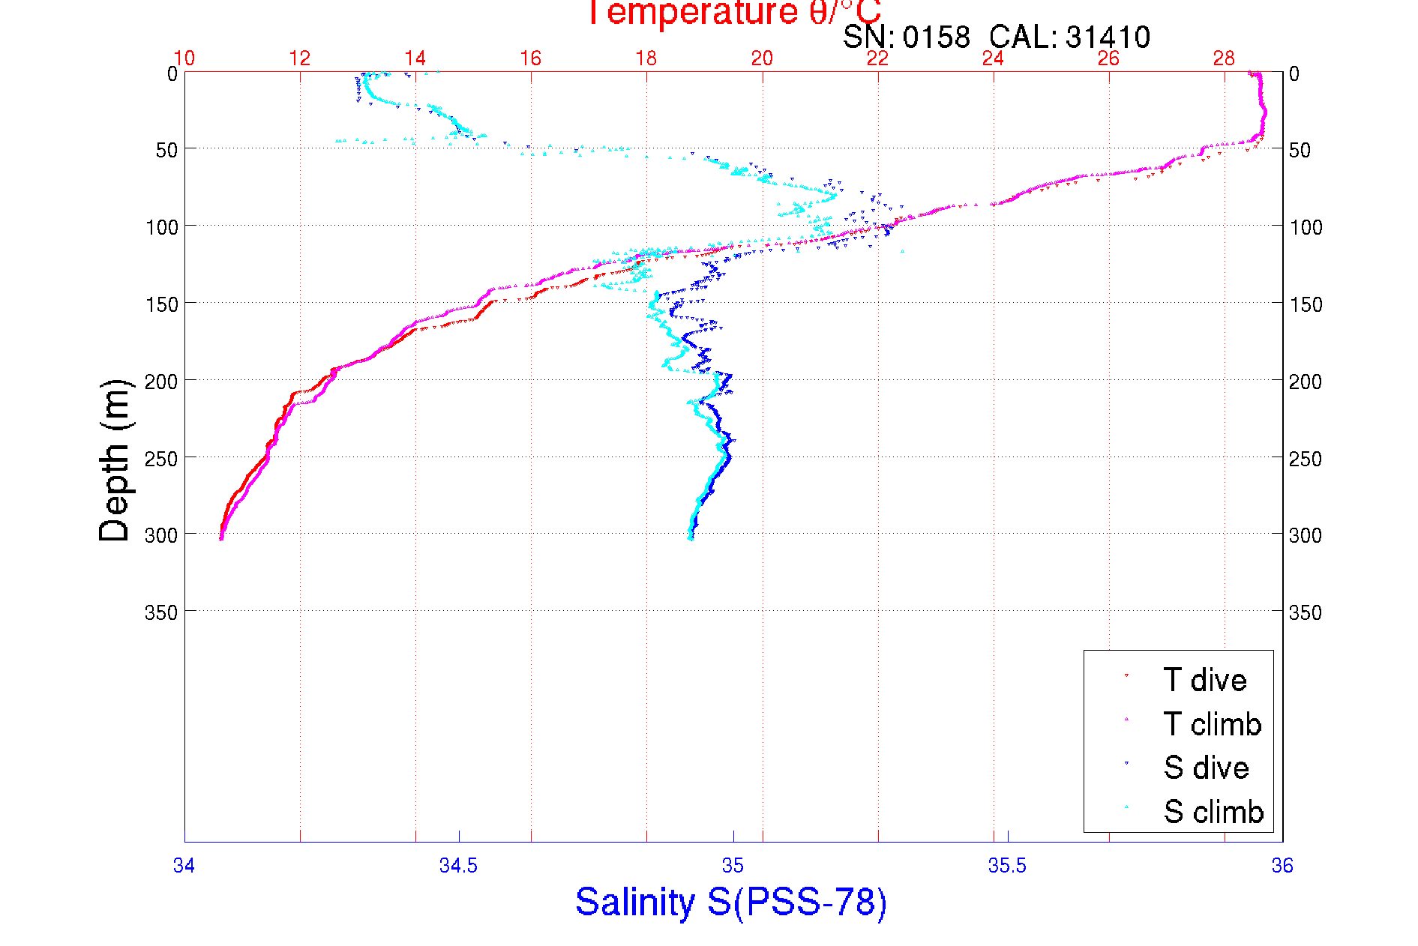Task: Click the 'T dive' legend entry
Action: tap(1204, 680)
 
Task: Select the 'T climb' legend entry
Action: tap(1212, 724)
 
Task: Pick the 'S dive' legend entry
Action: tap(1206, 768)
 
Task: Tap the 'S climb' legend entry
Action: tap(1213, 812)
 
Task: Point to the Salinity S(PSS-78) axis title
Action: tap(731, 902)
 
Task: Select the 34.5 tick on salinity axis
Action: tap(458, 866)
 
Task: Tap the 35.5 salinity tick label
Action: tap(1007, 866)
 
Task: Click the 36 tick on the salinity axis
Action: tap(1282, 866)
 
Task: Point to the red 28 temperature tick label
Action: tap(1224, 58)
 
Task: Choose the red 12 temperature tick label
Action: tap(300, 58)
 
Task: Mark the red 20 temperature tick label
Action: tap(762, 58)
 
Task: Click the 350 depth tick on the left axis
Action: tap(161, 613)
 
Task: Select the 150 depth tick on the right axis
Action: tap(1305, 304)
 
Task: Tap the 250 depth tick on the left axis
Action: tap(161, 459)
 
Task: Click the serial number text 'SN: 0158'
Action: tap(906, 37)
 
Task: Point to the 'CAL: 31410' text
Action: tap(1069, 37)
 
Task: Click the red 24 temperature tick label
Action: tap(993, 58)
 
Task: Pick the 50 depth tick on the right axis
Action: tap(1300, 150)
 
